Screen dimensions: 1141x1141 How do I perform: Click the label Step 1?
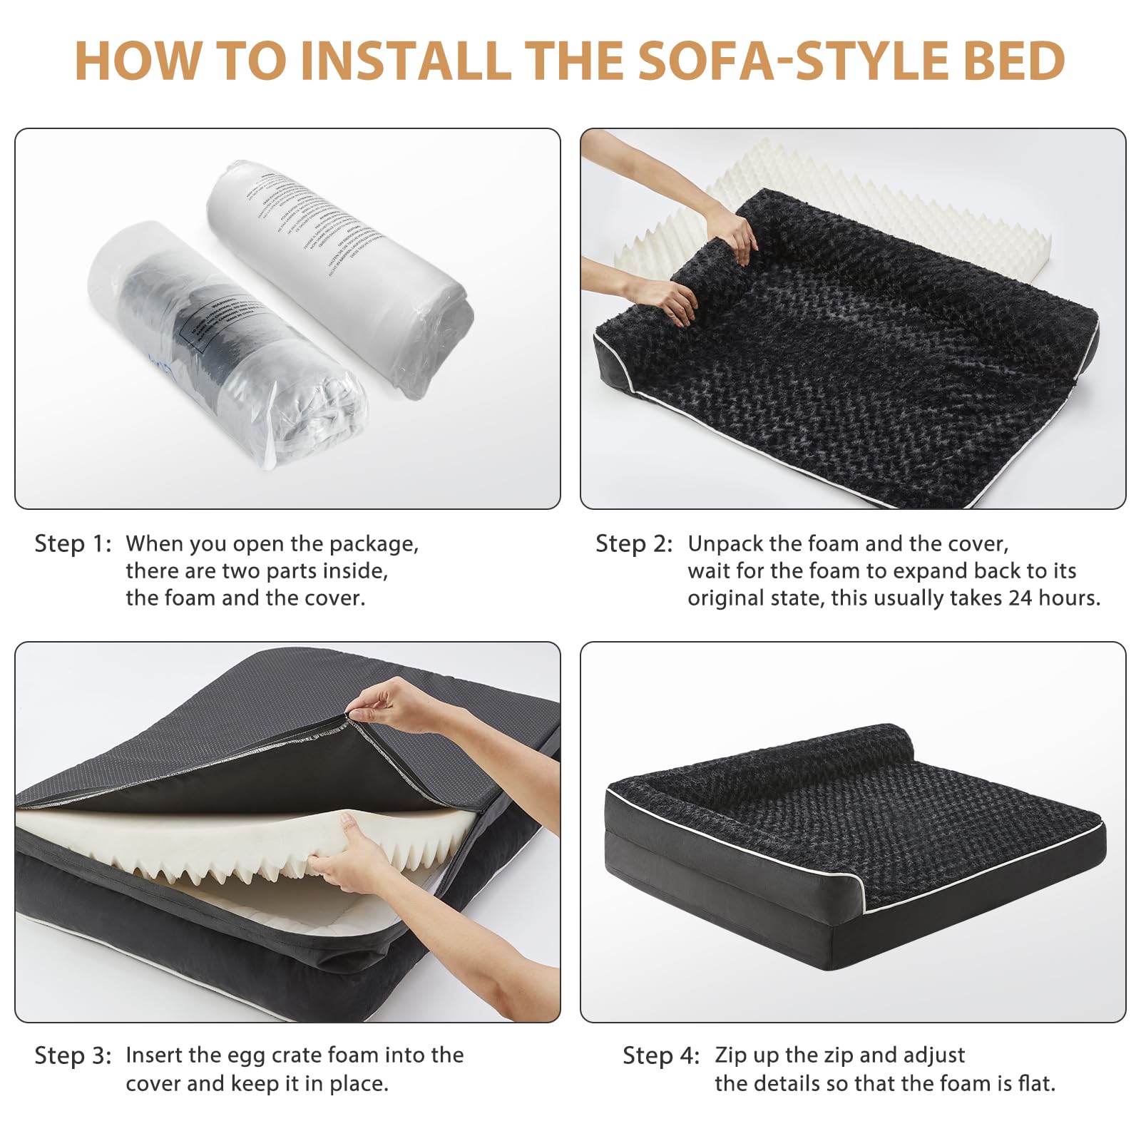(x=73, y=544)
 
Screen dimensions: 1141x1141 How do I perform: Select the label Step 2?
(x=634, y=544)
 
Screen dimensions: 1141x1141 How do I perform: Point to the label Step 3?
(x=73, y=1056)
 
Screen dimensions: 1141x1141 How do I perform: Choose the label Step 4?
(x=661, y=1056)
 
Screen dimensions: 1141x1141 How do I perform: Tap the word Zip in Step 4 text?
(x=730, y=1056)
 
